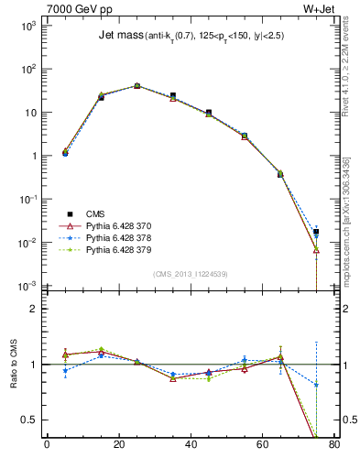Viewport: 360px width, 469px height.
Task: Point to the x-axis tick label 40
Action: pyautogui.click(x=190, y=446)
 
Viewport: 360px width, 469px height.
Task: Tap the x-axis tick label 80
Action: pyautogui.click(x=333, y=446)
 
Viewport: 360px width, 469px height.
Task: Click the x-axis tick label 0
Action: pyautogui.click(x=47, y=446)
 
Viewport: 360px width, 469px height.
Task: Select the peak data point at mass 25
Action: pyautogui.click(x=136, y=85)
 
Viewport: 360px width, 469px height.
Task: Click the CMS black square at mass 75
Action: pyautogui.click(x=316, y=232)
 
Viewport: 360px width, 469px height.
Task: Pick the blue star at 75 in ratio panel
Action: pyautogui.click(x=316, y=385)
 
